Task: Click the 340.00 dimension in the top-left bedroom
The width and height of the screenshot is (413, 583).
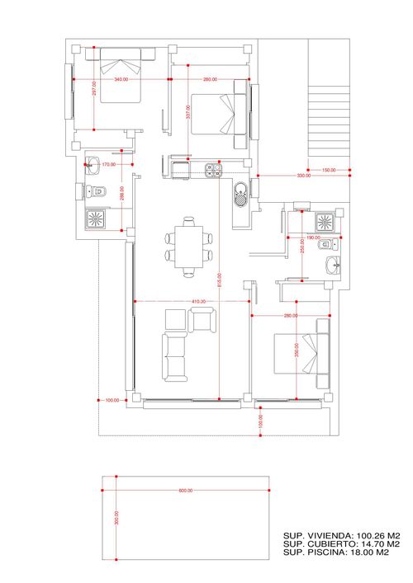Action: [x=121, y=79]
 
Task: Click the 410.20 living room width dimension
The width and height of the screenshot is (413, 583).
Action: [x=198, y=302]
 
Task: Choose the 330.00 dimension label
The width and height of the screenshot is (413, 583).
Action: [x=303, y=176]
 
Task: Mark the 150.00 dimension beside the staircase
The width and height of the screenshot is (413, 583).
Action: [x=329, y=171]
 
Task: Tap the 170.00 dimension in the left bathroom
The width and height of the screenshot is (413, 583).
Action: [x=107, y=165]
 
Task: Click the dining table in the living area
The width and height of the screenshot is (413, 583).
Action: [x=190, y=245]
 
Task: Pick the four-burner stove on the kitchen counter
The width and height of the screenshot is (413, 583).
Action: [x=212, y=170]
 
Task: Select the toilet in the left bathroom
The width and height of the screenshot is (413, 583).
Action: [x=97, y=192]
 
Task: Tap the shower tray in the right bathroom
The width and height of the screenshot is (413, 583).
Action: [x=325, y=222]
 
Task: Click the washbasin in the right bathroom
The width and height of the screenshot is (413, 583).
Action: [x=333, y=266]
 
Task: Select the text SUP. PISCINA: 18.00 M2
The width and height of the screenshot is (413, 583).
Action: [x=337, y=553]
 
